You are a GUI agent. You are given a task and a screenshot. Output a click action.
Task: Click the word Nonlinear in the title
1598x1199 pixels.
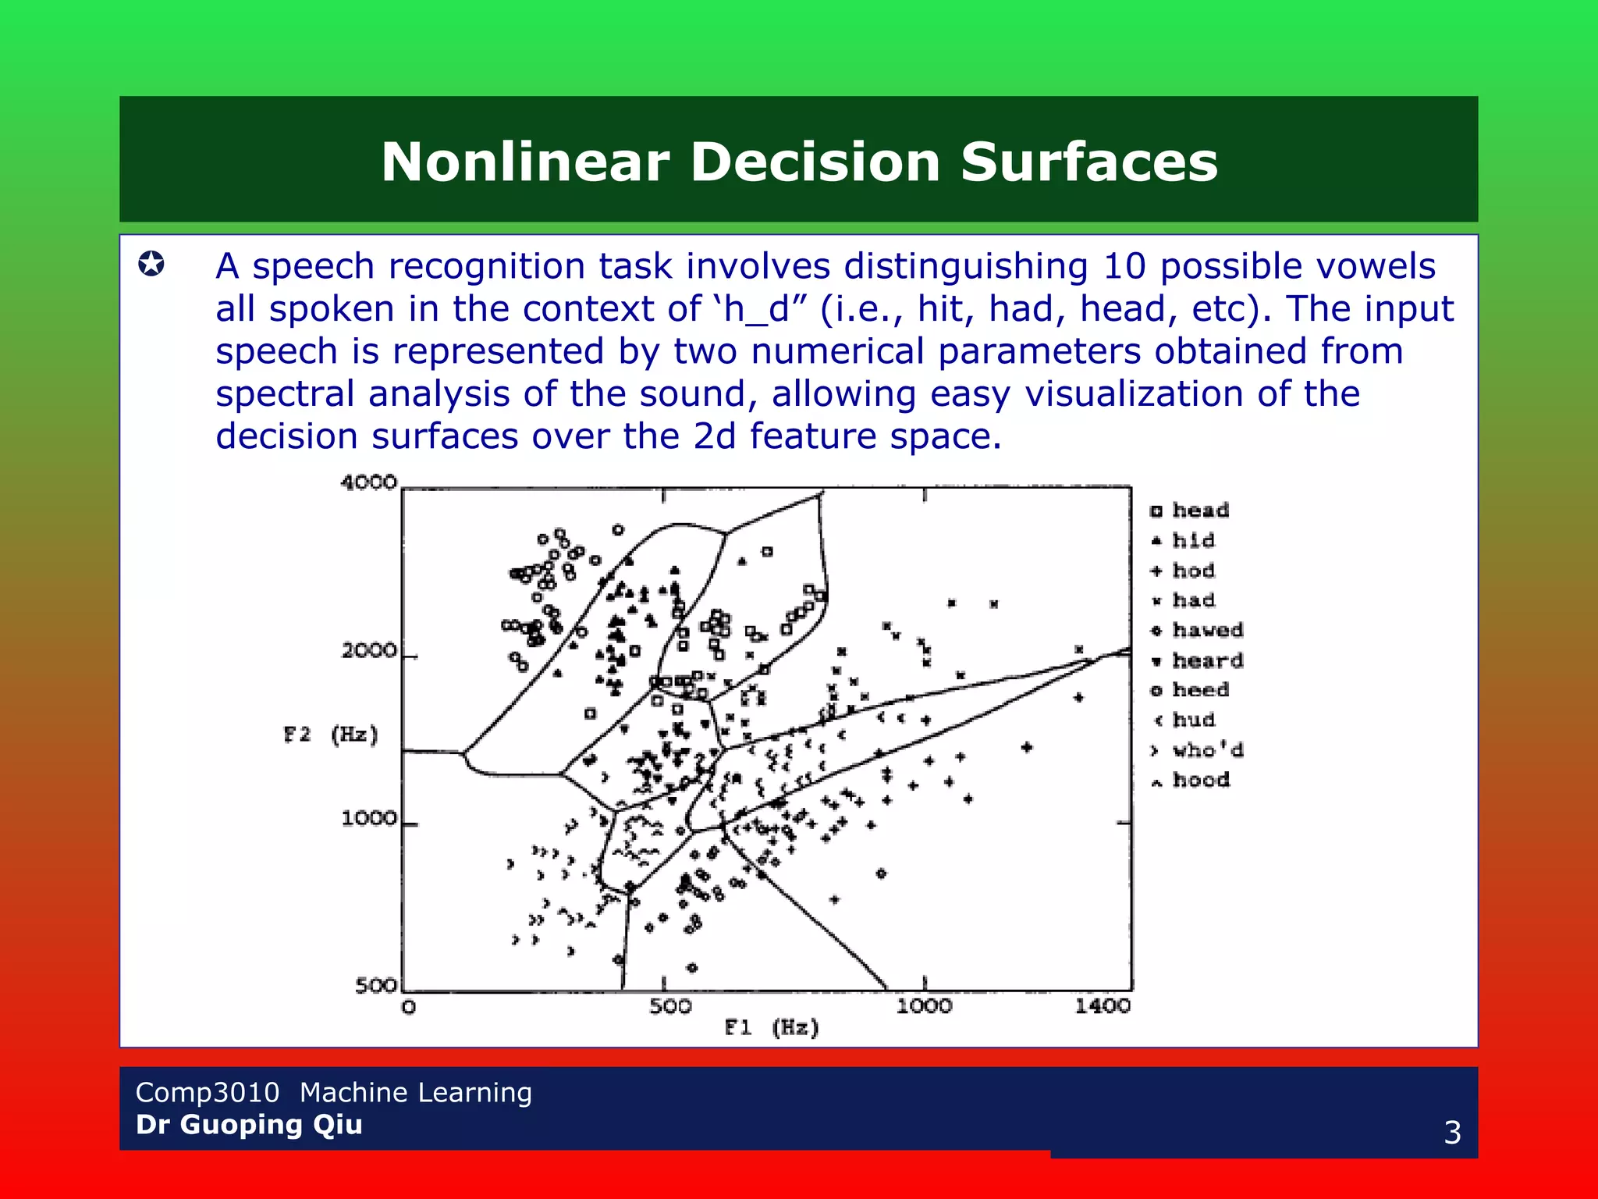point(525,162)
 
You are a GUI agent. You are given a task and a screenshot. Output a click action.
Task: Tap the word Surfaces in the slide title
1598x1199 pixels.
point(1088,162)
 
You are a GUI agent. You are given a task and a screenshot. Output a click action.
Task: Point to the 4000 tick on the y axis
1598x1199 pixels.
point(368,482)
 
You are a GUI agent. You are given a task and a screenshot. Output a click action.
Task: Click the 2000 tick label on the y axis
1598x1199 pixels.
point(368,650)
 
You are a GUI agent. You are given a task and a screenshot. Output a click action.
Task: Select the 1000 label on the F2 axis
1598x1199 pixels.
point(368,818)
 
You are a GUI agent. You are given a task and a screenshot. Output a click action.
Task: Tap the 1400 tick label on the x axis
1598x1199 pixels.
point(1102,1006)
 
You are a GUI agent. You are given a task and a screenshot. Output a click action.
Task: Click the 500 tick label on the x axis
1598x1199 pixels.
point(670,1006)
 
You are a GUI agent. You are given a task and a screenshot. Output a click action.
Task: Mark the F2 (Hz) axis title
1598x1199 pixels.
point(331,735)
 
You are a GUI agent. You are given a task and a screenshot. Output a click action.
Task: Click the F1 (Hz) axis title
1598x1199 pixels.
point(772,1027)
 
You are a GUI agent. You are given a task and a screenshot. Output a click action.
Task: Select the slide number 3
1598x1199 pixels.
point(1451,1132)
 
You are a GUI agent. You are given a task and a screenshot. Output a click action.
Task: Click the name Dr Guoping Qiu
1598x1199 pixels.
point(249,1125)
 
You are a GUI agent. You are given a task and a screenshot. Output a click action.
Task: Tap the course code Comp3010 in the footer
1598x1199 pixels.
point(207,1092)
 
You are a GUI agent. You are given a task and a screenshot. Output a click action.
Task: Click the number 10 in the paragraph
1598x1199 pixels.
point(1124,266)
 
